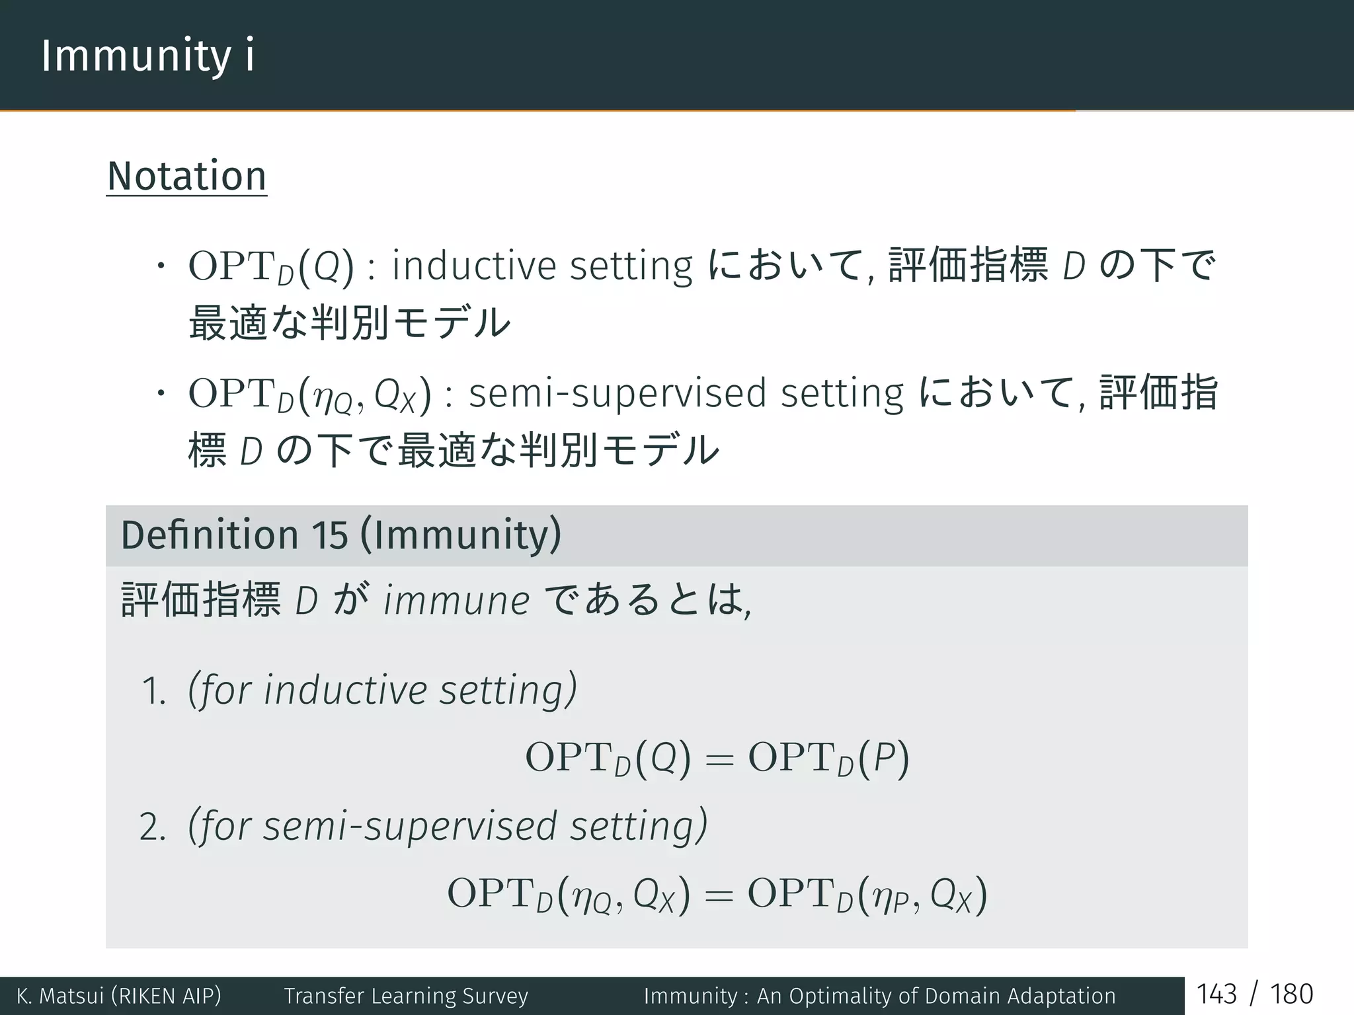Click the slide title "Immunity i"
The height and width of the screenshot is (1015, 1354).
tap(147, 56)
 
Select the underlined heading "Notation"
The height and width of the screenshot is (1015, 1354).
tap(186, 176)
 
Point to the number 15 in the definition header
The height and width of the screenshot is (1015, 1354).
tap(329, 535)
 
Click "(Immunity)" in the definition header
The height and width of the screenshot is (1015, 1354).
tap(461, 535)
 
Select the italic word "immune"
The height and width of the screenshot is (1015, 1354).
tap(456, 601)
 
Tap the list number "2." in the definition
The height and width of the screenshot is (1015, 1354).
tap(152, 827)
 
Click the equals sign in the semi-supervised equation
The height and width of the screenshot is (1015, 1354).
tap(719, 896)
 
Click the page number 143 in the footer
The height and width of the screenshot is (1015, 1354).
tap(1216, 995)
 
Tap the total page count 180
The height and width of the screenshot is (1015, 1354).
tap(1291, 995)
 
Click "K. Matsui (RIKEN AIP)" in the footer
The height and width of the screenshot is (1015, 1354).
tap(119, 996)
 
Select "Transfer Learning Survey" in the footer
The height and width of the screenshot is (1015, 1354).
tap(406, 996)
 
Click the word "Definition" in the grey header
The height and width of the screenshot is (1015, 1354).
tap(210, 535)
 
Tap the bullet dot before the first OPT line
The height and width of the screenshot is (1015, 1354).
tap(159, 266)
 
